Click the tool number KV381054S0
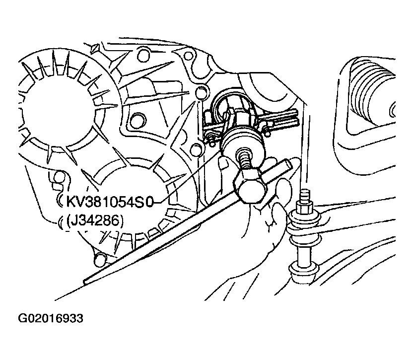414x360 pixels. click(x=109, y=202)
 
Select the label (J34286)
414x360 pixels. click(x=95, y=220)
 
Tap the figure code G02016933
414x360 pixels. click(x=51, y=318)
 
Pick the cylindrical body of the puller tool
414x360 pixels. click(x=243, y=142)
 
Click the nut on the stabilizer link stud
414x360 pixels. click(x=305, y=208)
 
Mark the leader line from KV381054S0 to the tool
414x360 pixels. click(x=187, y=177)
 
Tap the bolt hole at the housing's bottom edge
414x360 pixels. click(x=100, y=259)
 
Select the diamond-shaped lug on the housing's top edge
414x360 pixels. click(x=94, y=49)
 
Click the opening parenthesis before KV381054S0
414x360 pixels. click(x=60, y=202)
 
